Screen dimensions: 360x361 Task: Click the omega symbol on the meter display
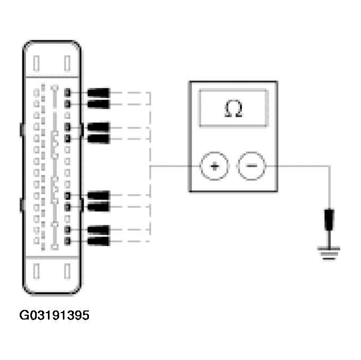click(x=233, y=109)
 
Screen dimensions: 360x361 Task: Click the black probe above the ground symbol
click(x=330, y=219)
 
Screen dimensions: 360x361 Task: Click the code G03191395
click(x=54, y=316)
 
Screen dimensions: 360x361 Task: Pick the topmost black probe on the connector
click(x=98, y=93)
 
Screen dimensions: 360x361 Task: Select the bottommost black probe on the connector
click(x=98, y=242)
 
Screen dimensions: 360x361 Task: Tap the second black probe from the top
click(x=98, y=103)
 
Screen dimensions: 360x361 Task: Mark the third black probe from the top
click(x=98, y=127)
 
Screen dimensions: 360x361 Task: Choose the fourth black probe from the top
click(x=98, y=139)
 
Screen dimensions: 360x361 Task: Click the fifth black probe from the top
click(x=98, y=195)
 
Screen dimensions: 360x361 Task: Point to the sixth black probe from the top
click(x=98, y=206)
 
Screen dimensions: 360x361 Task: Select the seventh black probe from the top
click(x=98, y=230)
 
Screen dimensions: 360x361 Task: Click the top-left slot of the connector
click(x=36, y=63)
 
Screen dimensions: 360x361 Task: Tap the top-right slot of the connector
click(x=67, y=63)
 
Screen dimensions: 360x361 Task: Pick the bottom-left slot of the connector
click(x=36, y=272)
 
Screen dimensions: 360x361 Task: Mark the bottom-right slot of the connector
click(x=67, y=272)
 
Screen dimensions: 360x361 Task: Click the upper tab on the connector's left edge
click(x=21, y=129)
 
